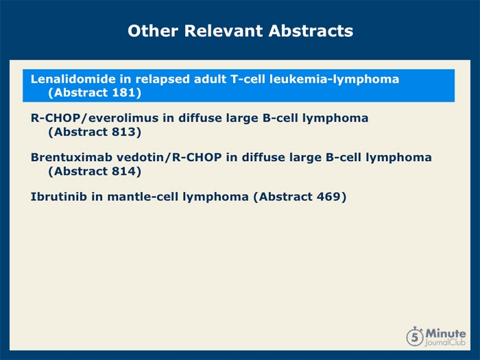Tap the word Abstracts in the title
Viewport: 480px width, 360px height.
311,31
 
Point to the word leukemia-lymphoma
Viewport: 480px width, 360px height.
335,80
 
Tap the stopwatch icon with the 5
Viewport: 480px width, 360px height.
415,337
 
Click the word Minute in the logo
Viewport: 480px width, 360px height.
446,333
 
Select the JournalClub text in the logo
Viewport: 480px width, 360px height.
445,342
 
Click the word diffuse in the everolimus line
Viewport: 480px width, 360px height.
200,118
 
